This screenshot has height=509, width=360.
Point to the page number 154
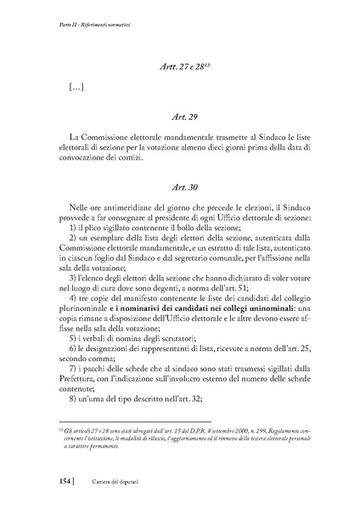(44, 482)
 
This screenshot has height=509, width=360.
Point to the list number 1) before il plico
(72, 228)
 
